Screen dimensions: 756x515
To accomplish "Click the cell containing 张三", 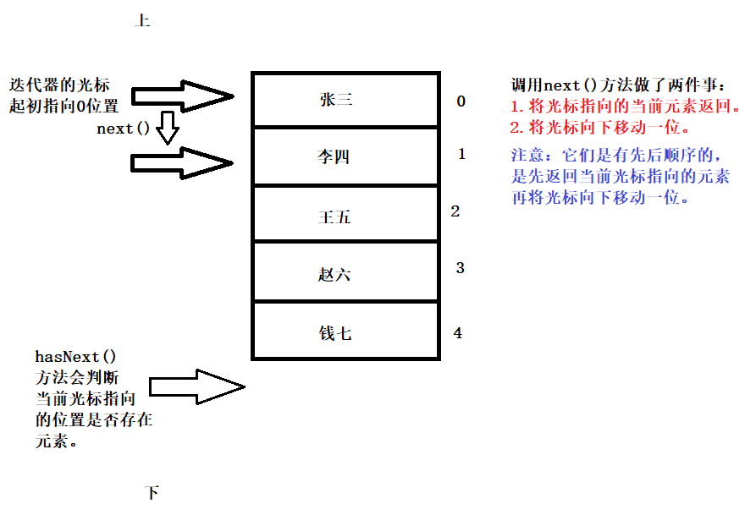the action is (x=345, y=100).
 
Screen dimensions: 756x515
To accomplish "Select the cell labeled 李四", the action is (x=345, y=156).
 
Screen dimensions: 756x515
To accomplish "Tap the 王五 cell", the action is (x=345, y=213).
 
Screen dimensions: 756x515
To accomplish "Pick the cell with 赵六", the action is (x=345, y=271).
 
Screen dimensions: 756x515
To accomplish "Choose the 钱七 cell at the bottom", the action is (x=345, y=331).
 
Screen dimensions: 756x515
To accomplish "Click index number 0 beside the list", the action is (x=461, y=101).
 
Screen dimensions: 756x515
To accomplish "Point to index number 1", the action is (x=462, y=154).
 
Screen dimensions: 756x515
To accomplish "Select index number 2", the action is (x=455, y=211).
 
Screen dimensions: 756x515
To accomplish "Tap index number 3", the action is (x=460, y=268).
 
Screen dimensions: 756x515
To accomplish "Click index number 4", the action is (x=458, y=333).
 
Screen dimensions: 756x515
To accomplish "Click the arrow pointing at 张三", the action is (x=182, y=96).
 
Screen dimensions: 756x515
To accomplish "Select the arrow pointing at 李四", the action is (x=182, y=163).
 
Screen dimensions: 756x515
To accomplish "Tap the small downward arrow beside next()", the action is (x=168, y=128).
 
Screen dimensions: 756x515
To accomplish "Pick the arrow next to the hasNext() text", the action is (x=196, y=386).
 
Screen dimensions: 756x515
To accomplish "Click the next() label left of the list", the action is (x=123, y=129).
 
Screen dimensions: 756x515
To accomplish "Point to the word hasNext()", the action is (x=75, y=357).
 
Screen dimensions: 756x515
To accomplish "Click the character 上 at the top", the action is (x=142, y=20).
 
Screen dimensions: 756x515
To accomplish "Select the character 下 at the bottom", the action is (x=152, y=492).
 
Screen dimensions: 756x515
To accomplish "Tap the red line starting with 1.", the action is (x=626, y=106).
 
